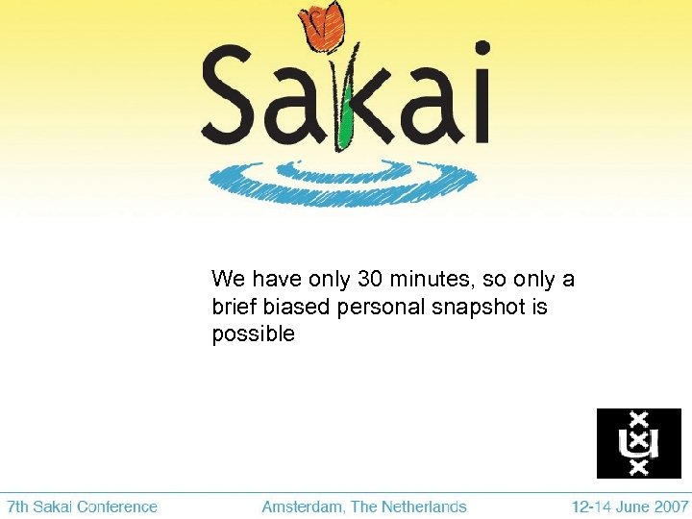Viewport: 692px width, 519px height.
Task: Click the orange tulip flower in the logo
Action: point(322,26)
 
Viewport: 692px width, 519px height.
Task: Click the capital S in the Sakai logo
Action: point(232,95)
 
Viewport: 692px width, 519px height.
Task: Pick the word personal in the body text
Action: point(373,308)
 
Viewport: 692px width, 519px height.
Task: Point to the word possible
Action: point(253,335)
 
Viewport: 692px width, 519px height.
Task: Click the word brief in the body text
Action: point(234,308)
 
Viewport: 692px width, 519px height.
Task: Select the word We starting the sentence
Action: point(229,280)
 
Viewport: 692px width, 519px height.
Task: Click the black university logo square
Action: point(638,443)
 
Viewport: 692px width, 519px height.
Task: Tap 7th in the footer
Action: point(19,507)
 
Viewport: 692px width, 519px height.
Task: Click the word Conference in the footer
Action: point(117,507)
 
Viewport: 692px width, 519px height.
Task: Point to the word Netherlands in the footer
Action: point(424,507)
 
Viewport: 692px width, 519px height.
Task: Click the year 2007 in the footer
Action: point(671,507)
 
